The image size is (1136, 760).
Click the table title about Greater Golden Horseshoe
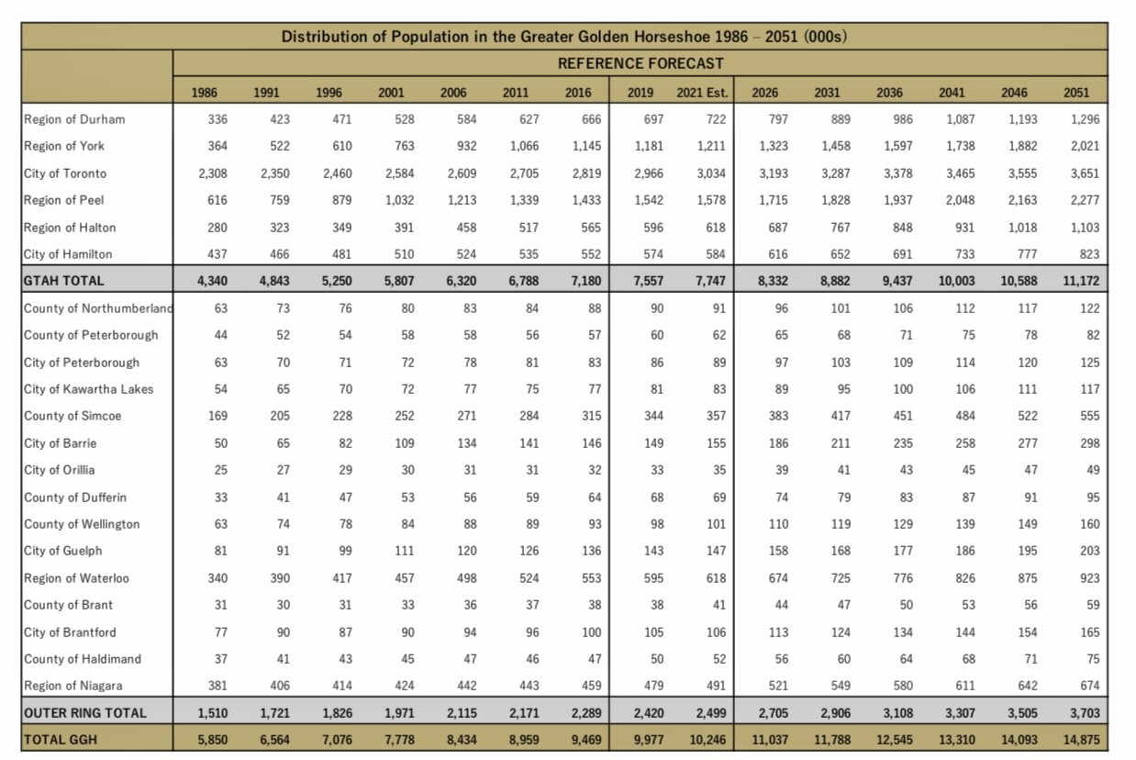click(564, 37)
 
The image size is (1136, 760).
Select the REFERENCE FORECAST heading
click(640, 63)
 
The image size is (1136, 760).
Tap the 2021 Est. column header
click(702, 93)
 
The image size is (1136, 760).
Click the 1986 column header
click(204, 93)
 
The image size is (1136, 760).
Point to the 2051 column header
click(1076, 93)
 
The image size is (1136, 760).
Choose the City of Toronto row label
click(65, 173)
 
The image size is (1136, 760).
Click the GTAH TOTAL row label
click(63, 281)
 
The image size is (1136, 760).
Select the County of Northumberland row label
click(98, 308)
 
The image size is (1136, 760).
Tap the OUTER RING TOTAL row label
click(84, 713)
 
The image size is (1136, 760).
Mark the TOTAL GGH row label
click(60, 740)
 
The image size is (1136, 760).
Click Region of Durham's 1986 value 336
click(217, 119)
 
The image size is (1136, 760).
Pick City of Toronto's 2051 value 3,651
click(1085, 173)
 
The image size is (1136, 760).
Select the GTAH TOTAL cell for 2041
click(956, 281)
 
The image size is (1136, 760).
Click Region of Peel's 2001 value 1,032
click(399, 200)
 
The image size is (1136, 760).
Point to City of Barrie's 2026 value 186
click(778, 443)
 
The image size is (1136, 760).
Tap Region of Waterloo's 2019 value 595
click(653, 578)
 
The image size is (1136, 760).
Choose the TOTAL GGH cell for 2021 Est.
click(707, 740)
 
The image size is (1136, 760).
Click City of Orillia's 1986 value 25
click(220, 470)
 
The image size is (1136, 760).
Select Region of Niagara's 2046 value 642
click(1028, 686)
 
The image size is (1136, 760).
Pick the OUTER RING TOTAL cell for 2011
click(524, 713)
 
